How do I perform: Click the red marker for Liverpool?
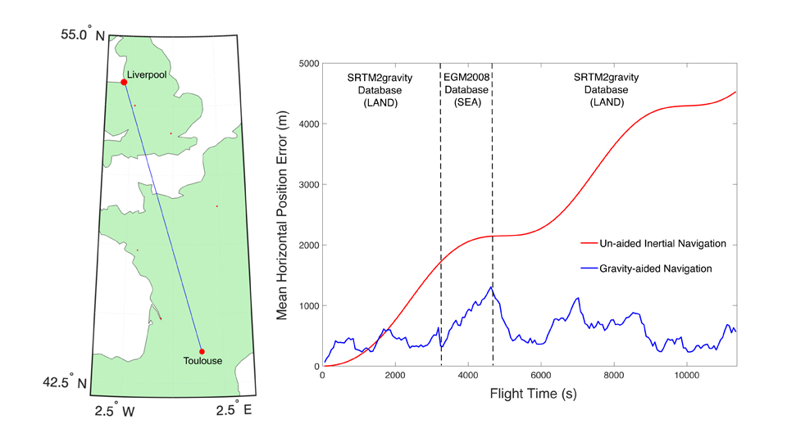click(124, 82)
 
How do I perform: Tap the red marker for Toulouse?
click(202, 351)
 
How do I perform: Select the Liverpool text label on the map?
click(147, 74)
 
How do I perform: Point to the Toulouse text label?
click(202, 362)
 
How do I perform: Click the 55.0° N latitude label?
click(83, 35)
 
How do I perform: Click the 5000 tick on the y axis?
click(306, 64)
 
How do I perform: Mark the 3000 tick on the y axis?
click(306, 185)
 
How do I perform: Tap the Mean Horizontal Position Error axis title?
click(283, 215)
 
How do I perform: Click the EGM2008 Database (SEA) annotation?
click(466, 90)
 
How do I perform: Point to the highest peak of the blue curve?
click(491, 286)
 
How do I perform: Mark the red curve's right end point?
click(736, 92)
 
